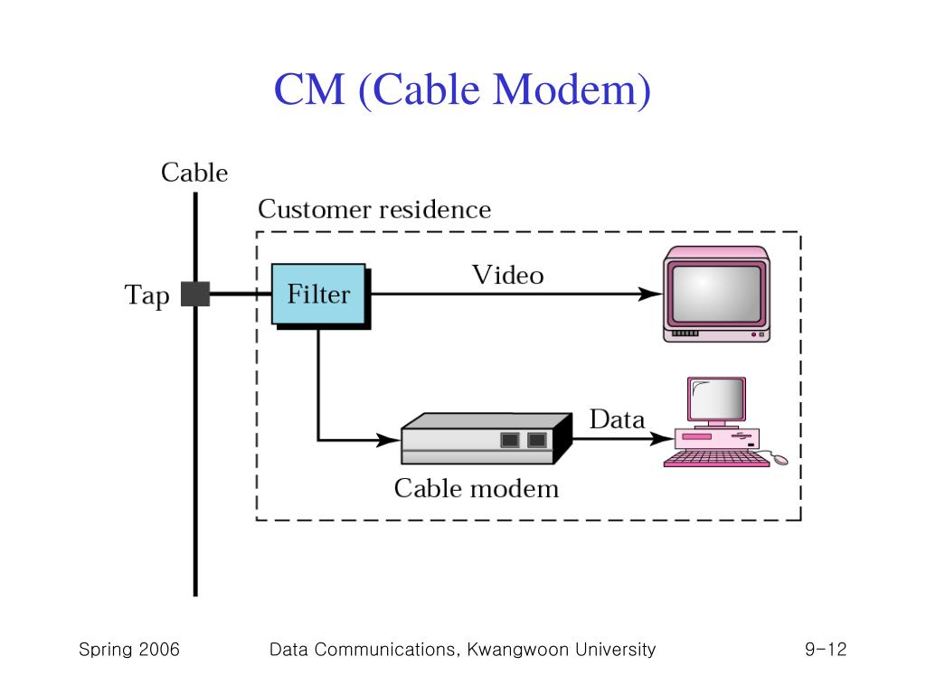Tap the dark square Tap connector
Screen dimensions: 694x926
coord(195,295)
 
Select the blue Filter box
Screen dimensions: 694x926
coord(318,295)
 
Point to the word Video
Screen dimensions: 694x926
coord(507,275)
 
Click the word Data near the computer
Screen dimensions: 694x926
coord(618,420)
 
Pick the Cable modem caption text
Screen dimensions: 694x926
coord(477,489)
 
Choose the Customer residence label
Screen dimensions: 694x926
coord(374,210)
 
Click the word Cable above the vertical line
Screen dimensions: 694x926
coord(194,173)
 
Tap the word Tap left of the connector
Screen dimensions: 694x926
coord(146,295)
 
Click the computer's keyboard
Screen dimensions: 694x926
coord(716,459)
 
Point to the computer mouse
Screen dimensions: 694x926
coord(780,460)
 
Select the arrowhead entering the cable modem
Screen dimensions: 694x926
coord(389,441)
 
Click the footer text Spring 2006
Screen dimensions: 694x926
coord(129,650)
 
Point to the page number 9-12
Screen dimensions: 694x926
coord(824,650)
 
